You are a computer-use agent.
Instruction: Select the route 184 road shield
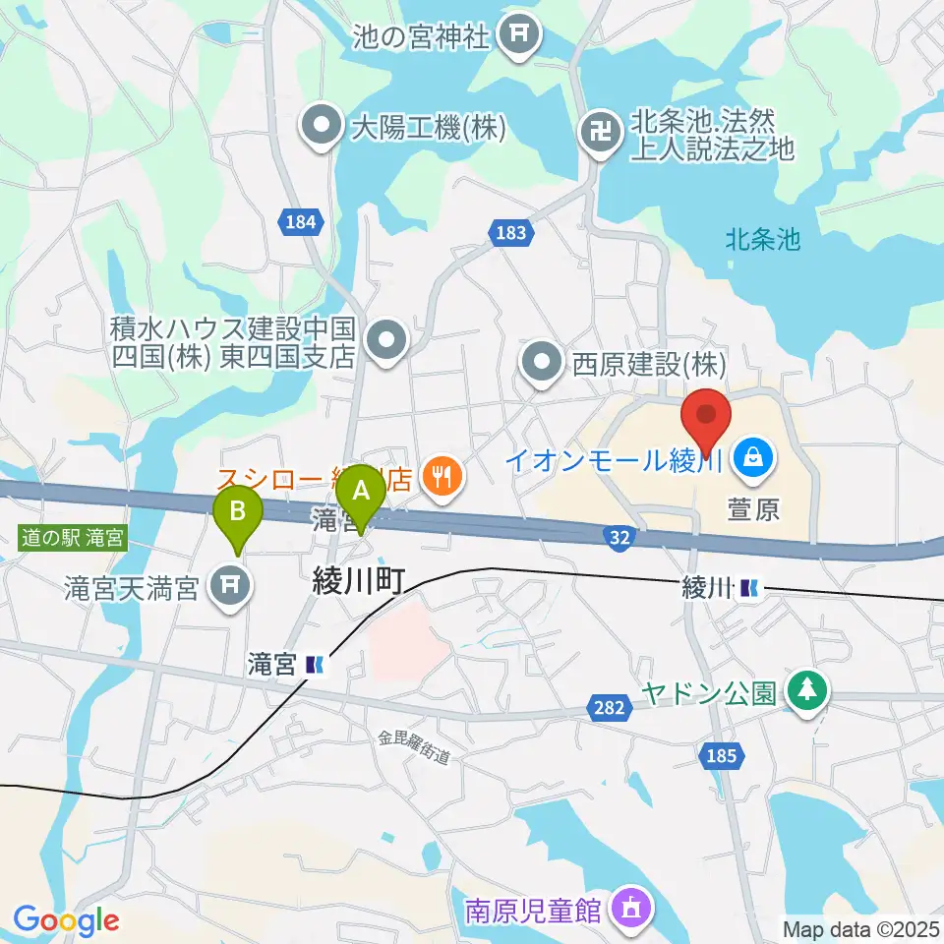pyautogui.click(x=301, y=222)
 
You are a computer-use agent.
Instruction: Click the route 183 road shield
pyautogui.click(x=509, y=233)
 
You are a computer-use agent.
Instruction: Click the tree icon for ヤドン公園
pyautogui.click(x=806, y=690)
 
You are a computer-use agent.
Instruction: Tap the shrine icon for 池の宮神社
pyautogui.click(x=517, y=37)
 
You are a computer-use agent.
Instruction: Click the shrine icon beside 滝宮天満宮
pyautogui.click(x=231, y=587)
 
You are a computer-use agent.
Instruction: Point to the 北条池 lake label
pyautogui.click(x=763, y=239)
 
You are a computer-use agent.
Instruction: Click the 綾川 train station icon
pyautogui.click(x=750, y=588)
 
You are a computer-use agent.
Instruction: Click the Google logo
pyautogui.click(x=66, y=921)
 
